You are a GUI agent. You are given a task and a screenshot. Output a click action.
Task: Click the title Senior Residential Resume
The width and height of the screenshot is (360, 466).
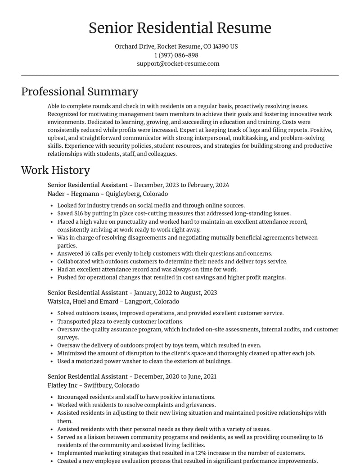coord(180,28)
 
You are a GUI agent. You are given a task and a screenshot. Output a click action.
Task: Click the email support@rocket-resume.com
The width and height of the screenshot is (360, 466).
coord(178,63)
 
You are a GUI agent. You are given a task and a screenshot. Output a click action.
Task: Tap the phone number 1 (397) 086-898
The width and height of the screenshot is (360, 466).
coord(176,55)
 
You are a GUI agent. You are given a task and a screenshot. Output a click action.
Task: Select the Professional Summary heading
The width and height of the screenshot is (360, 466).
coord(80,91)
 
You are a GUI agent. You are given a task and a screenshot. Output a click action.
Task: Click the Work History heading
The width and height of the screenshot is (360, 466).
coord(55,170)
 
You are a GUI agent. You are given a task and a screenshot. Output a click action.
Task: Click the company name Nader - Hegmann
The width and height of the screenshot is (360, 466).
coord(73,194)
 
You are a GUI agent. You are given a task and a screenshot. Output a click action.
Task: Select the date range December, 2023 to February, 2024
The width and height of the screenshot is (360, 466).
coord(181,185)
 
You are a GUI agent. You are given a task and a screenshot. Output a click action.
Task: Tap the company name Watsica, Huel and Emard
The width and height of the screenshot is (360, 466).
coord(83,302)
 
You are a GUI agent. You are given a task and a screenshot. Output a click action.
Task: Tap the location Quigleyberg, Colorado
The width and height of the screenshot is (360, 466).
coord(136,194)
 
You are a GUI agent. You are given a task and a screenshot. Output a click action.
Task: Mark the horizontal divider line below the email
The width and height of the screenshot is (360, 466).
coord(180,76)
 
